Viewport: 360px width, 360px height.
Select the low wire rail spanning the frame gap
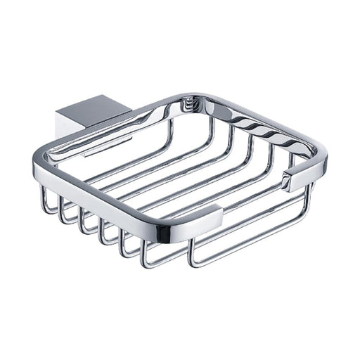click(x=246, y=225)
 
